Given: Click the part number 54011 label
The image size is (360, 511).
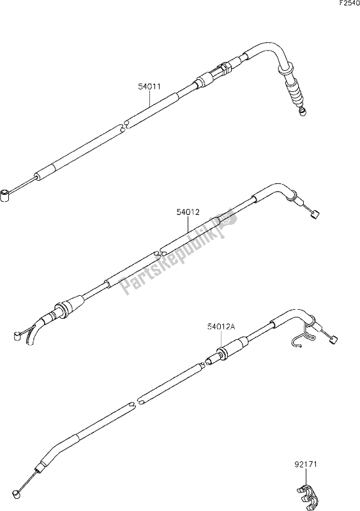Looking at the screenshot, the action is click(x=149, y=87).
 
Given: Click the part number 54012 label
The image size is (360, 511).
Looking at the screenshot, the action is click(x=188, y=212).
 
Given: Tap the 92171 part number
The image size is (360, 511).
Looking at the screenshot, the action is click(x=305, y=464).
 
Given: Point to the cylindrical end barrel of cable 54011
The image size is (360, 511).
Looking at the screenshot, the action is click(x=6, y=196).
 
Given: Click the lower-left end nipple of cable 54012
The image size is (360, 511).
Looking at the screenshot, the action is click(x=17, y=336).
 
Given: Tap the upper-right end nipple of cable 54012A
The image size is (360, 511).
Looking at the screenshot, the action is click(x=334, y=340).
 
